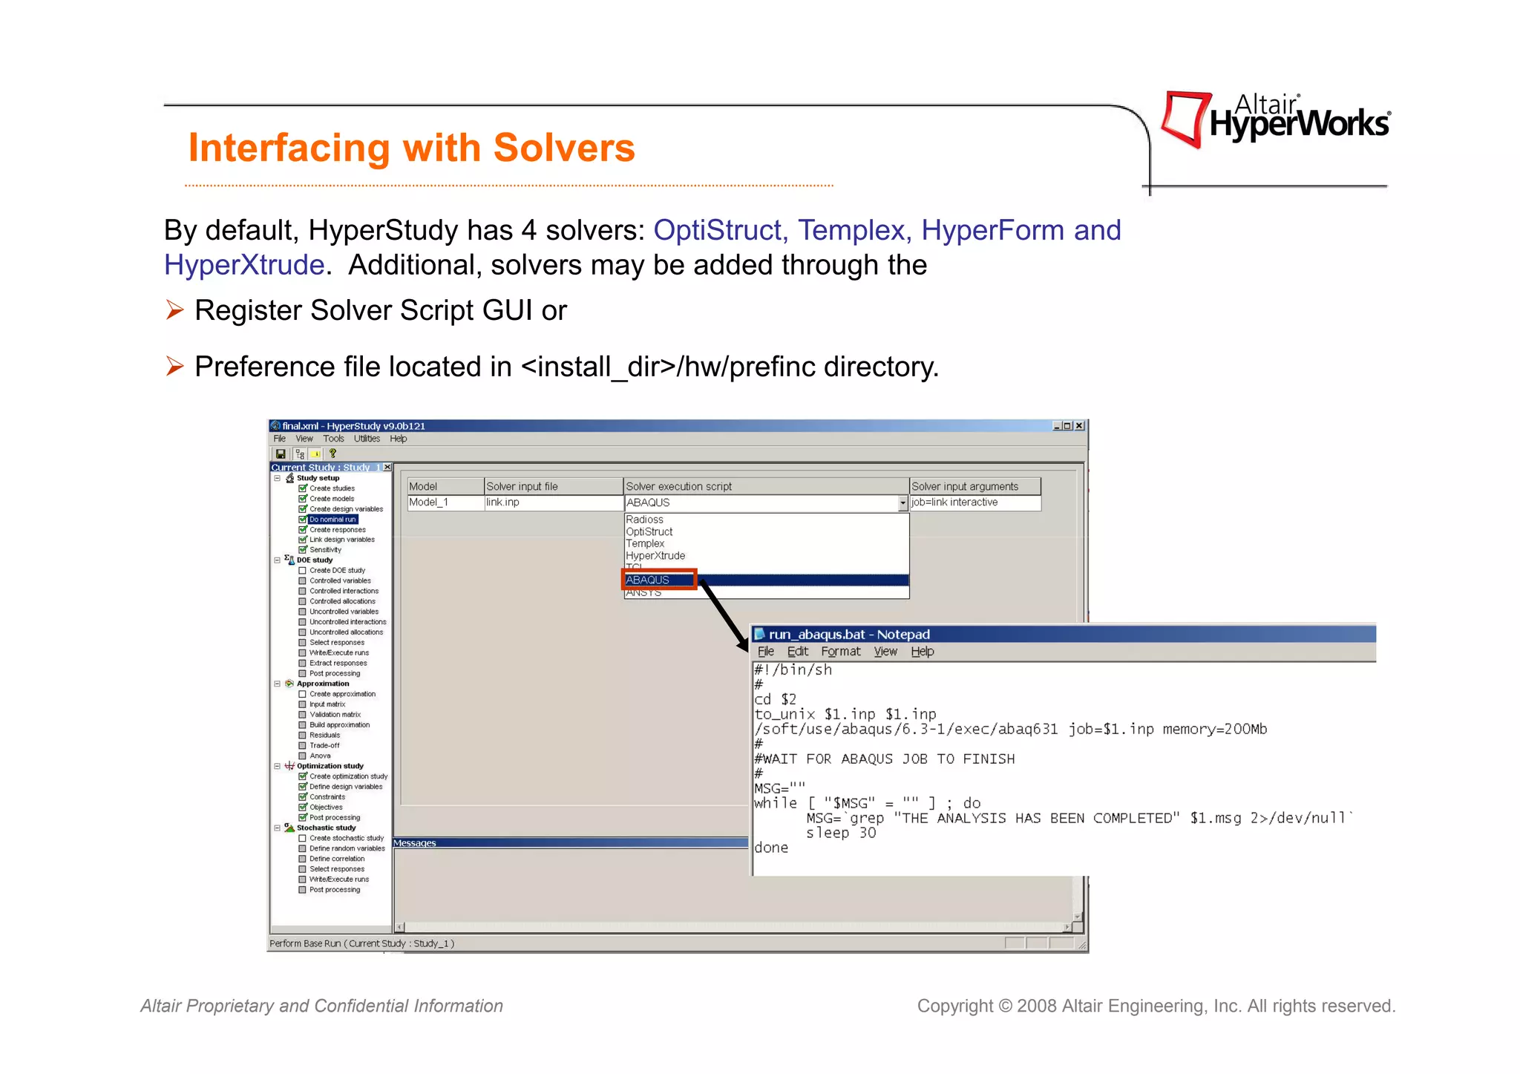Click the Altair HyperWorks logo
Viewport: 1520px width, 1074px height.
pos(1275,119)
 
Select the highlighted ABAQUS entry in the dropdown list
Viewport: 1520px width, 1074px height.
pos(648,580)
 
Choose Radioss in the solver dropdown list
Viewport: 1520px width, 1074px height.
pos(644,520)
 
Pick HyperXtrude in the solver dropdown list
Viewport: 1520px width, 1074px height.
pos(655,556)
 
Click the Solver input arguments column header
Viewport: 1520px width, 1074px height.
pos(965,486)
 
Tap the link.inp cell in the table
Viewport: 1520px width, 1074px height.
pos(503,502)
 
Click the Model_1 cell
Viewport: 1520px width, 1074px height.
pos(429,502)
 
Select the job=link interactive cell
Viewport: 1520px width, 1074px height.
pos(954,502)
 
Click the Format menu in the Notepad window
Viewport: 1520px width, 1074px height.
pos(840,652)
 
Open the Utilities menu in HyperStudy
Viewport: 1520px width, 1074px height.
pos(367,439)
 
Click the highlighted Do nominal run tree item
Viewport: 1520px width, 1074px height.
pos(332,520)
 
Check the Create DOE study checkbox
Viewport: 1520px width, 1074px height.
pos(303,571)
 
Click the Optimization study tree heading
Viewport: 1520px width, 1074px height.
pos(330,766)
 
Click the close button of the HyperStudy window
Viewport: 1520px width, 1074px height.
pos(1080,426)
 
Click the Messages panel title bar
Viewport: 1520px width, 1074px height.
pos(570,843)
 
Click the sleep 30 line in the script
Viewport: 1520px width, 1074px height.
pos(841,833)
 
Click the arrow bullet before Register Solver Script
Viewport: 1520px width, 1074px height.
pos(175,310)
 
